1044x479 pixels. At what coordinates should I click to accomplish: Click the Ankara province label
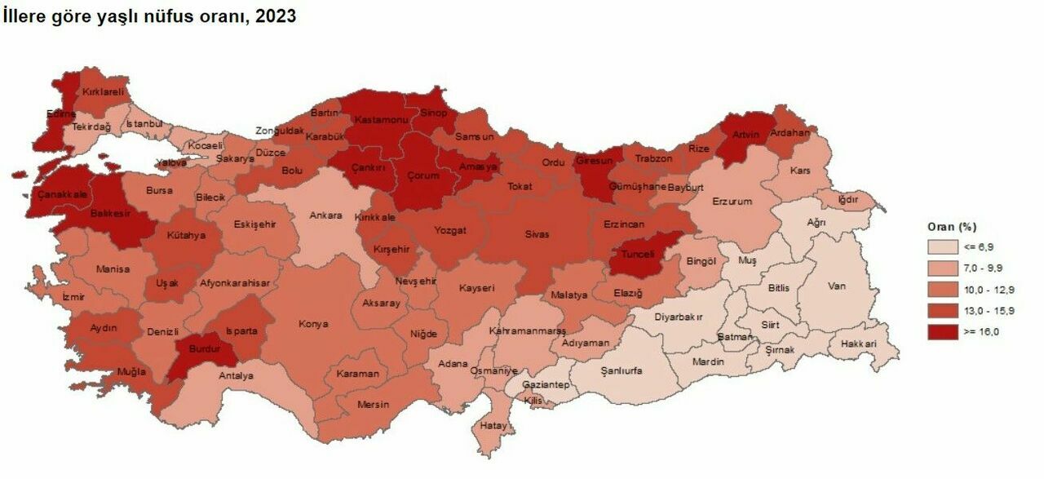(325, 216)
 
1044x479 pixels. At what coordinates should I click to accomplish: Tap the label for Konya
(313, 324)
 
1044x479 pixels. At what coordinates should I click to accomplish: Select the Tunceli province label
(638, 254)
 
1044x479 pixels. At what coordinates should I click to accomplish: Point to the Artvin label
(745, 135)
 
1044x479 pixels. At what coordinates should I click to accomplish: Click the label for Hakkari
(860, 344)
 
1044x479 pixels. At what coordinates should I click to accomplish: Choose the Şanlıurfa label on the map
(621, 370)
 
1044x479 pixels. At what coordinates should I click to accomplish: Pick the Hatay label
(493, 425)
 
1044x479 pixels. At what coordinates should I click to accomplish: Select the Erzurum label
(732, 201)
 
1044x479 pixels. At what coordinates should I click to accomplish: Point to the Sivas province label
(537, 234)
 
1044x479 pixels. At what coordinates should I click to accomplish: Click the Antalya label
(237, 376)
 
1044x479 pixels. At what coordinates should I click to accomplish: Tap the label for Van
(837, 286)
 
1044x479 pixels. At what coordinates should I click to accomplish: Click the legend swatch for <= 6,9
(942, 246)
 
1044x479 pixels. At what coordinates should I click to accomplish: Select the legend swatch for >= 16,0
(942, 331)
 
